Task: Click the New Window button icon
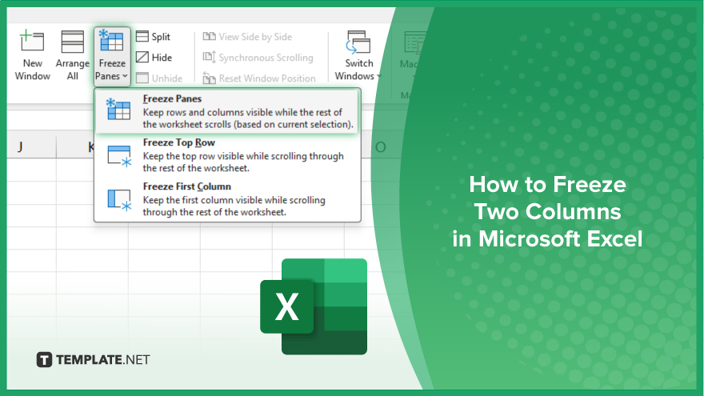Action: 32,41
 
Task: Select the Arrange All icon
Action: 72,42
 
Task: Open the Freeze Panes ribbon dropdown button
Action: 112,57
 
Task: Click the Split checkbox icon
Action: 142,36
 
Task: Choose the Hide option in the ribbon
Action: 154,58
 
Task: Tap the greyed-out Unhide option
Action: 159,78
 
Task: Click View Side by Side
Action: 247,37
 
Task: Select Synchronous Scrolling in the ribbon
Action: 258,58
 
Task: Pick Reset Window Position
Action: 259,78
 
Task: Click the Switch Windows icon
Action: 358,42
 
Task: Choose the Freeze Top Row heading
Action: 178,142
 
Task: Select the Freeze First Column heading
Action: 186,186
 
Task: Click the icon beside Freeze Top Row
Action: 119,156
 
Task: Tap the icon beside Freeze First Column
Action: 119,200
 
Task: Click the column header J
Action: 20,147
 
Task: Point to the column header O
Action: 380,147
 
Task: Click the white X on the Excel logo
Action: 286,306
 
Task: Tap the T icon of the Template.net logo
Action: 44,360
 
